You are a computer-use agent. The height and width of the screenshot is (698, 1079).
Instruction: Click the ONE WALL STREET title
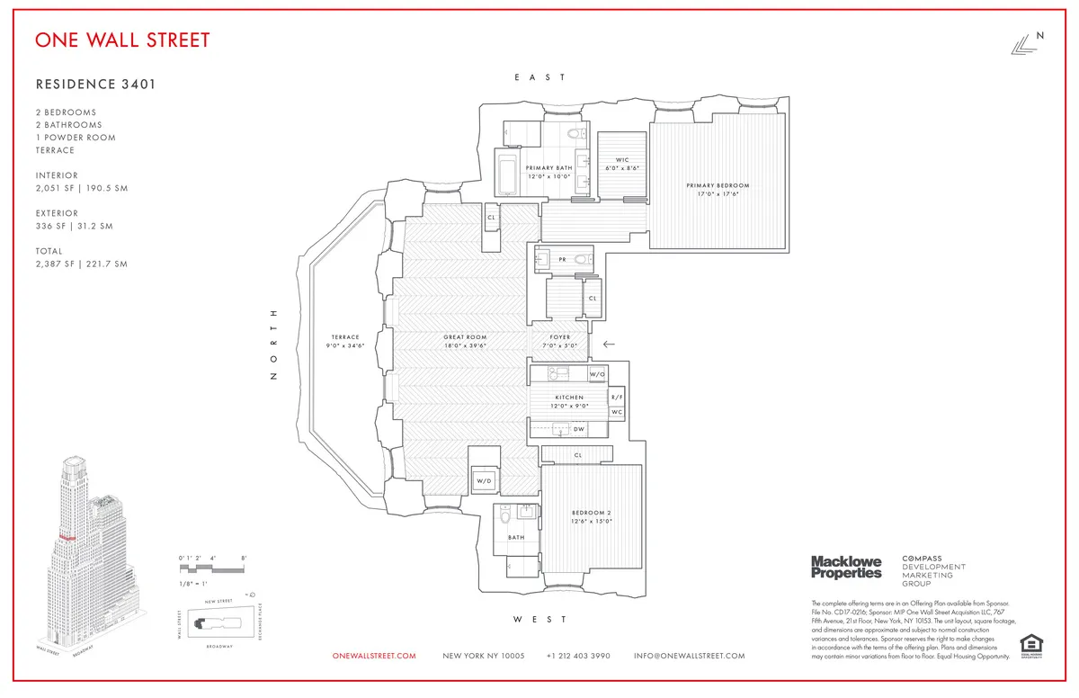tap(122, 40)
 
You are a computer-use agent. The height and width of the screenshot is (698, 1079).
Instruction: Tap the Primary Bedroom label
tap(718, 185)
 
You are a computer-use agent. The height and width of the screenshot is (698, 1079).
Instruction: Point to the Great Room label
tap(465, 337)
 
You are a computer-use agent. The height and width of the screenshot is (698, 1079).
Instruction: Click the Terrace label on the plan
tap(343, 337)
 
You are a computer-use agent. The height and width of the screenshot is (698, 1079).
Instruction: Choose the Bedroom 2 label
tap(592, 514)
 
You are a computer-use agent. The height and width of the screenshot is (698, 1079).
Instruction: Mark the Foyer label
tap(560, 337)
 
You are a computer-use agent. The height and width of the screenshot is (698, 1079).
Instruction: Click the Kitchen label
tap(569, 397)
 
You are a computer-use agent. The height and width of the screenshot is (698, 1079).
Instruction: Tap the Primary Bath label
tap(548, 167)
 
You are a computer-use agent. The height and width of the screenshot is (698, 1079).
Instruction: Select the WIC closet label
tap(622, 160)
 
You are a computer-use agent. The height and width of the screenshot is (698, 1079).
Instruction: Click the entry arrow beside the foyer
tap(609, 344)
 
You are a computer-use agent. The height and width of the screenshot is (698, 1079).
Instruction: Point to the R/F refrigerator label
tap(617, 397)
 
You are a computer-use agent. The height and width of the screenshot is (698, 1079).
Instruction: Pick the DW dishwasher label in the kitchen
tap(579, 429)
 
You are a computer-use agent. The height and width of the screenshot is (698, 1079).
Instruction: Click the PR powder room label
tap(562, 259)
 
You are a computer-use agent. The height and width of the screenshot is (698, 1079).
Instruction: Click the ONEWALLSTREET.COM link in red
tap(374, 656)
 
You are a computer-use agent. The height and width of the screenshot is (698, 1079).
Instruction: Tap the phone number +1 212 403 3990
tap(578, 656)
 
